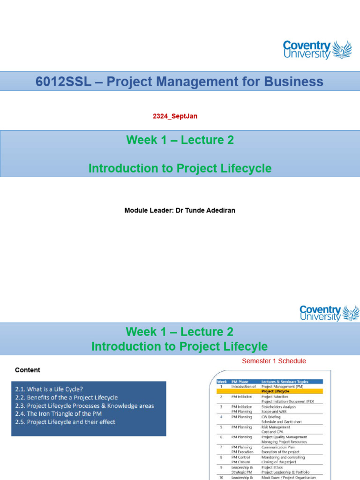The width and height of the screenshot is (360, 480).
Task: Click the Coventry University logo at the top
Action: click(x=317, y=50)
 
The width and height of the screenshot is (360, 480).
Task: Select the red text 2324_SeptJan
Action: click(x=175, y=116)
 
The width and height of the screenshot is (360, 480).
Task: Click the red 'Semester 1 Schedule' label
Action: click(x=274, y=361)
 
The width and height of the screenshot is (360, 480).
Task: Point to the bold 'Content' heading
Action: click(x=28, y=370)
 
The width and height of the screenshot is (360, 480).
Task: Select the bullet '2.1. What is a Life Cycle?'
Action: click(x=49, y=389)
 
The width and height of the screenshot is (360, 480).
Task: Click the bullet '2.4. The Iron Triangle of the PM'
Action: click(x=58, y=413)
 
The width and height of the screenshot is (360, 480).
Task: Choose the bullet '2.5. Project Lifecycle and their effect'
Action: click(x=65, y=422)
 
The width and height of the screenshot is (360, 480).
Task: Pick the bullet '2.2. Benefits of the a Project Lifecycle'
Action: click(x=66, y=397)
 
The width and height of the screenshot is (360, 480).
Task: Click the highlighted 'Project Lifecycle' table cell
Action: click(x=275, y=391)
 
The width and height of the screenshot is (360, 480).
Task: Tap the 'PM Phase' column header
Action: click(x=240, y=382)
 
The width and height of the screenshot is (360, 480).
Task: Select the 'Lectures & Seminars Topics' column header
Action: click(x=285, y=382)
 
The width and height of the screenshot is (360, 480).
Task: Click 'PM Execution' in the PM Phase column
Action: click(x=242, y=452)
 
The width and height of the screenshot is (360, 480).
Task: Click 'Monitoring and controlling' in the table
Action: click(x=283, y=457)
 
